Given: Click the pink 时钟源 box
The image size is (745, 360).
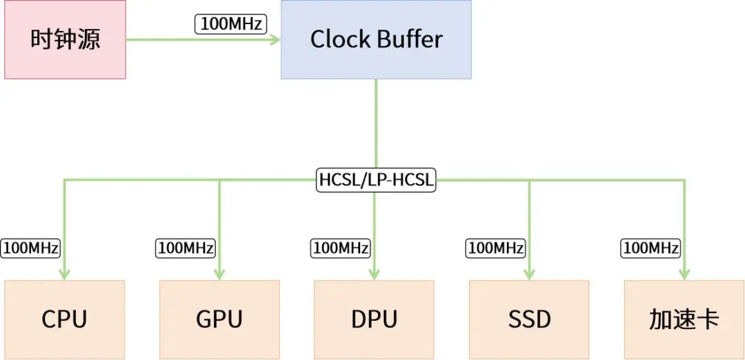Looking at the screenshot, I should click(x=65, y=39).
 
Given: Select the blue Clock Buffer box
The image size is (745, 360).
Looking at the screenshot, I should click(x=376, y=39).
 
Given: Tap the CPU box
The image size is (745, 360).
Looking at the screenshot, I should click(x=65, y=319).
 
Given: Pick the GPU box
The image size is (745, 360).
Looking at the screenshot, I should click(x=219, y=319).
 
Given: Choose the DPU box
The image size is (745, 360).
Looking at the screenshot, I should click(x=374, y=319).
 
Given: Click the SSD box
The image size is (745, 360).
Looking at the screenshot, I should click(x=529, y=319).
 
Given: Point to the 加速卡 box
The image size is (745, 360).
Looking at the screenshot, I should click(x=684, y=319).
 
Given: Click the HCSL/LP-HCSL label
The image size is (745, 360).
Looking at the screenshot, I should click(x=376, y=180).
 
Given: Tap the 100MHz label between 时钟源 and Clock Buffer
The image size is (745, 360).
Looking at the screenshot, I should click(x=231, y=24).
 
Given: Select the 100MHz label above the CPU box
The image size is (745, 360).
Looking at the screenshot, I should click(x=30, y=248).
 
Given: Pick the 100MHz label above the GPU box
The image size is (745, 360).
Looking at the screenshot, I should click(x=186, y=248).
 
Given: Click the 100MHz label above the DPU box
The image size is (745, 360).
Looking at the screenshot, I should click(x=341, y=248).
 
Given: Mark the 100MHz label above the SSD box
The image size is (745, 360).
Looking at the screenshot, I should click(x=495, y=248).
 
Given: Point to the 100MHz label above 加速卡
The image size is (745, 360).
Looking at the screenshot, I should click(x=650, y=248).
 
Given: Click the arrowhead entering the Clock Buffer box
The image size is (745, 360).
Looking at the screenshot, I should click(x=275, y=39).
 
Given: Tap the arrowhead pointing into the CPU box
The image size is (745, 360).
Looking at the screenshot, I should click(x=65, y=274).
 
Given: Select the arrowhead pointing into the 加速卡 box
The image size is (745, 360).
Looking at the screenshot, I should click(x=684, y=274).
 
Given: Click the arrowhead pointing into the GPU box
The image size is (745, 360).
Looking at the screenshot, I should click(x=219, y=274).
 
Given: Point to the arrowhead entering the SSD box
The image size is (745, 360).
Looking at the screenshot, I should click(x=529, y=274).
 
